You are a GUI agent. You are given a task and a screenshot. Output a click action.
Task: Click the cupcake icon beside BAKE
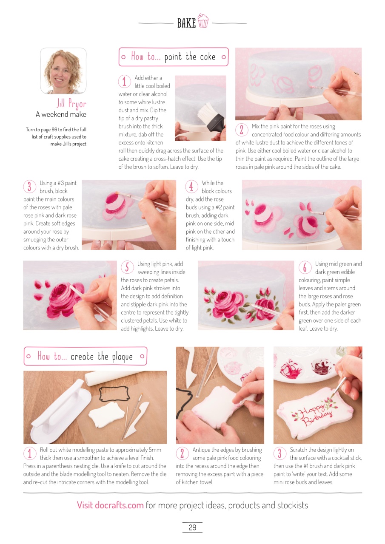tap(203, 21)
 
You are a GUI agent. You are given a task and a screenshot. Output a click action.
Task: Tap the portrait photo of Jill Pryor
tap(63, 71)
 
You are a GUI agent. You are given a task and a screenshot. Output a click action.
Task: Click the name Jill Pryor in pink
tap(71, 104)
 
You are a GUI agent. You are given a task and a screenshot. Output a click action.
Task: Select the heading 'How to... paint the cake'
tap(173, 57)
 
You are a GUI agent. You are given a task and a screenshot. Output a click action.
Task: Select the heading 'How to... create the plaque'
tap(85, 356)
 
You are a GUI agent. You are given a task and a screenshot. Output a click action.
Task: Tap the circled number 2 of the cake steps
tap(241, 130)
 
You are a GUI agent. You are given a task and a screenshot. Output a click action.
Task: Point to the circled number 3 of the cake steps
tap(29, 186)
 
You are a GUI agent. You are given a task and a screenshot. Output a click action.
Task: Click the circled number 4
tap(191, 186)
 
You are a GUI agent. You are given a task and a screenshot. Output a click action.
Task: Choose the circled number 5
tap(127, 267)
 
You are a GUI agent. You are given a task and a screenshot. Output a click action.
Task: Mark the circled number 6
tap(305, 267)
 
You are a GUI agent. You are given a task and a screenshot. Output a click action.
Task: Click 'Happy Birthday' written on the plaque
tap(312, 414)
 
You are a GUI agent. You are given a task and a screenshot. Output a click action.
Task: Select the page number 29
tap(192, 527)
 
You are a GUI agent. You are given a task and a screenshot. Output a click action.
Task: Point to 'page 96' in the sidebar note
tap(54, 129)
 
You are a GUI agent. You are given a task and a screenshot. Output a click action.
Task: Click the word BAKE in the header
tap(186, 23)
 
